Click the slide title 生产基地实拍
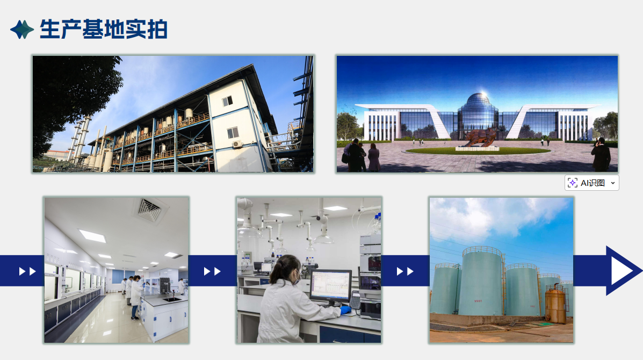[x=103, y=29]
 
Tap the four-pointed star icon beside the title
[x=22, y=30]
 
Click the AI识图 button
[x=592, y=183]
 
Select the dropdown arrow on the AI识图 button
[x=613, y=183]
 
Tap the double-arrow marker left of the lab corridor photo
[x=27, y=271]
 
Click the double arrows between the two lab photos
[x=212, y=271]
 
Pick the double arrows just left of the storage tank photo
[x=404, y=271]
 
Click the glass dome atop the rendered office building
[x=478, y=103]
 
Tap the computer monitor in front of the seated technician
[x=330, y=286]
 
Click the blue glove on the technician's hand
[x=345, y=310]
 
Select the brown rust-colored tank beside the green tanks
[x=555, y=304]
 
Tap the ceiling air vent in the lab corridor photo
[x=150, y=210]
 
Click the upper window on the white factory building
[x=227, y=101]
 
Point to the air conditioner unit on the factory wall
[x=237, y=144]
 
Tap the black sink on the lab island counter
[x=171, y=300]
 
